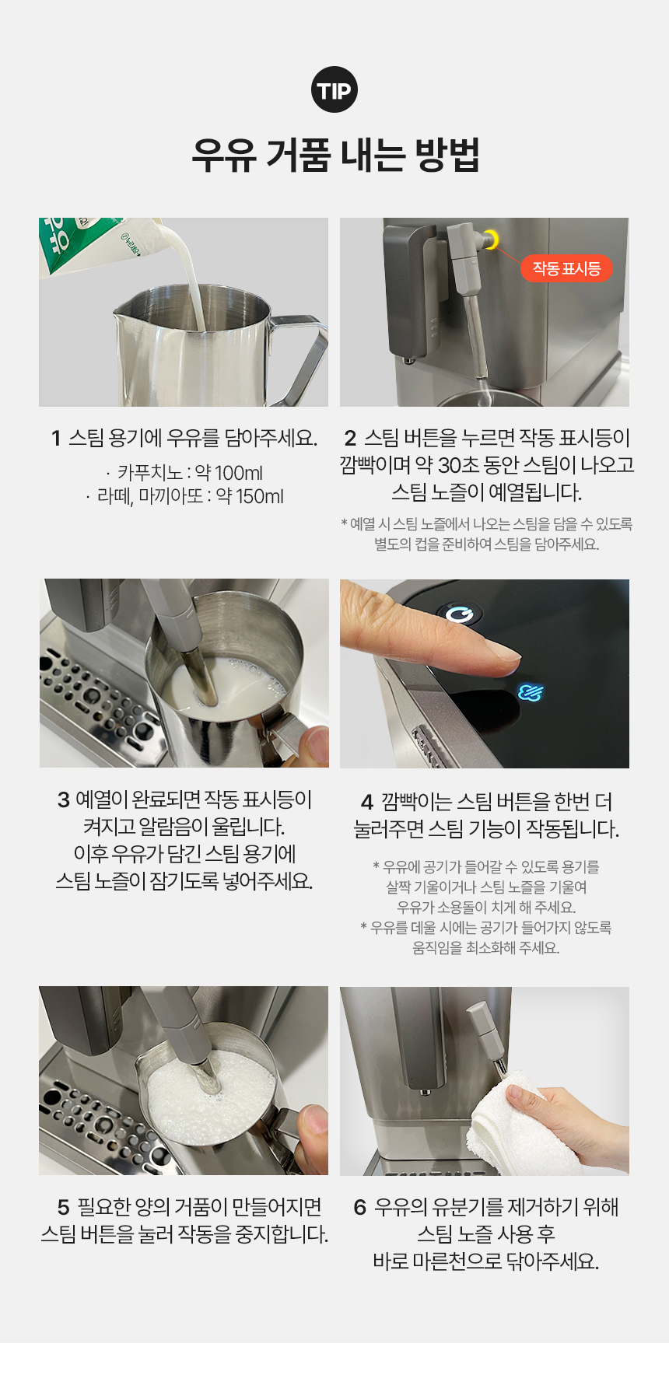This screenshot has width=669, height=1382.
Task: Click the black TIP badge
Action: [334, 90]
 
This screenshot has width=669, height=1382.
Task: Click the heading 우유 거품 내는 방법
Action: [335, 155]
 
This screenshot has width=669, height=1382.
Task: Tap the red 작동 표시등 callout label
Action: [566, 269]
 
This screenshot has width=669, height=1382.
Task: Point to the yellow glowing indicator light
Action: [491, 240]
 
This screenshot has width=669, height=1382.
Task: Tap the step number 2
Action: [350, 439]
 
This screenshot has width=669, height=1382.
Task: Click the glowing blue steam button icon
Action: [531, 691]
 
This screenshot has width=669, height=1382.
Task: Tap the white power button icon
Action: [461, 614]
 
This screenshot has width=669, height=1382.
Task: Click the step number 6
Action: [359, 1207]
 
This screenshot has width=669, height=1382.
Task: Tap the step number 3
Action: [64, 799]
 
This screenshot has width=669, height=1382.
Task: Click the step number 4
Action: [367, 802]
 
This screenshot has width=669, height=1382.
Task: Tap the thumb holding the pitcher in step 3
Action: [316, 744]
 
